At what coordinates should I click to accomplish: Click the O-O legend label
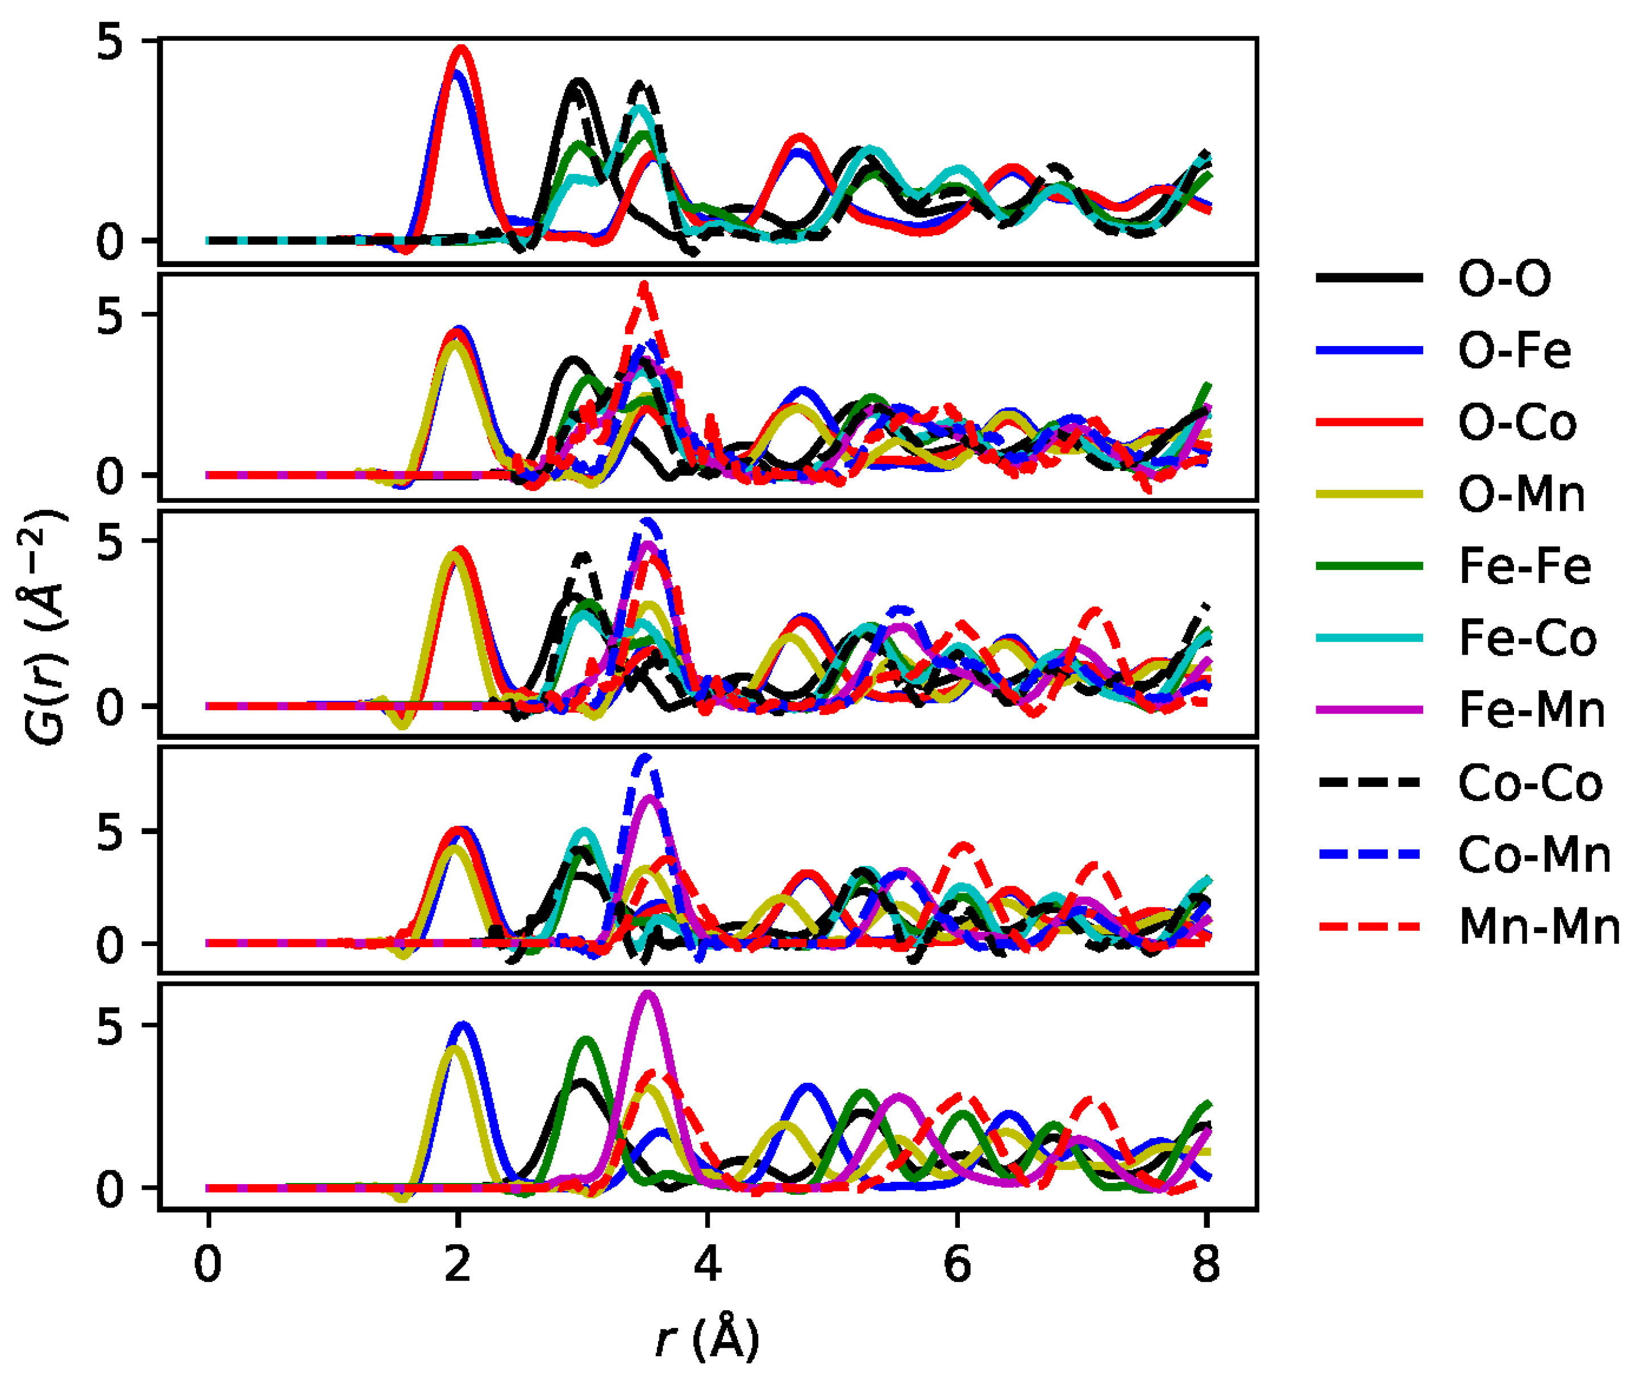click(1504, 278)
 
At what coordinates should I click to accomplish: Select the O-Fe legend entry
click(1514, 351)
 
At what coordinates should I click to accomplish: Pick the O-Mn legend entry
click(1521, 494)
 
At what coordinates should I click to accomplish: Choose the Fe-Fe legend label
click(1524, 566)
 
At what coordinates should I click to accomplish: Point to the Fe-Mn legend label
click(1531, 710)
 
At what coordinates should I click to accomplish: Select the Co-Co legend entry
click(1529, 783)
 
